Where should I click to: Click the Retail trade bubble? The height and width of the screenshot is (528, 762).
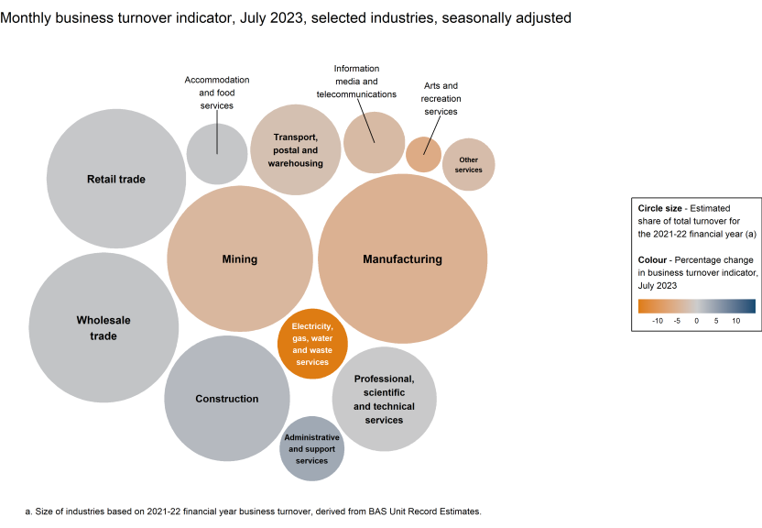[x=116, y=179]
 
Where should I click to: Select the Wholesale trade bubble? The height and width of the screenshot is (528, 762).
[x=103, y=327]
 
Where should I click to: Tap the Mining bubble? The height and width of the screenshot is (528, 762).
[x=239, y=259]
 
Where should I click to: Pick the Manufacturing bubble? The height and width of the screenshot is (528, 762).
[x=402, y=259]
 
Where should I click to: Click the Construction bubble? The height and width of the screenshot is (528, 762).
[x=227, y=399]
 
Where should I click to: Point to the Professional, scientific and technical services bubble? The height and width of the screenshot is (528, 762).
[x=384, y=400]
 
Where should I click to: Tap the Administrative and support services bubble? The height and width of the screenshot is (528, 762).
[x=312, y=448]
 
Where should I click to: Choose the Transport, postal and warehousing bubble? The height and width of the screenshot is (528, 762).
[x=295, y=149]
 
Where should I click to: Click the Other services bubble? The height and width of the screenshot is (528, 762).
[x=468, y=165]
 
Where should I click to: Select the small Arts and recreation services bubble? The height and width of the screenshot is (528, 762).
[x=423, y=154]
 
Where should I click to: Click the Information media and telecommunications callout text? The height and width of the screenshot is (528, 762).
[x=356, y=82]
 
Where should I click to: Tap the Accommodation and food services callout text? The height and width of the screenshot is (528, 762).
[x=217, y=93]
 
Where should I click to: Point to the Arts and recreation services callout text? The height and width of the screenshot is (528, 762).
[x=441, y=98]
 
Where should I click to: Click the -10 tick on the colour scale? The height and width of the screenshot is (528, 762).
[x=657, y=321]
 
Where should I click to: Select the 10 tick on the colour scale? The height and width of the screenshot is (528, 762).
[x=735, y=321]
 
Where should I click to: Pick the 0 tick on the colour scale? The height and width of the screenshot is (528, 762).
[x=696, y=321]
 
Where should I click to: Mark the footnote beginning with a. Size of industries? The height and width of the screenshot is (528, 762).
[x=253, y=511]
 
